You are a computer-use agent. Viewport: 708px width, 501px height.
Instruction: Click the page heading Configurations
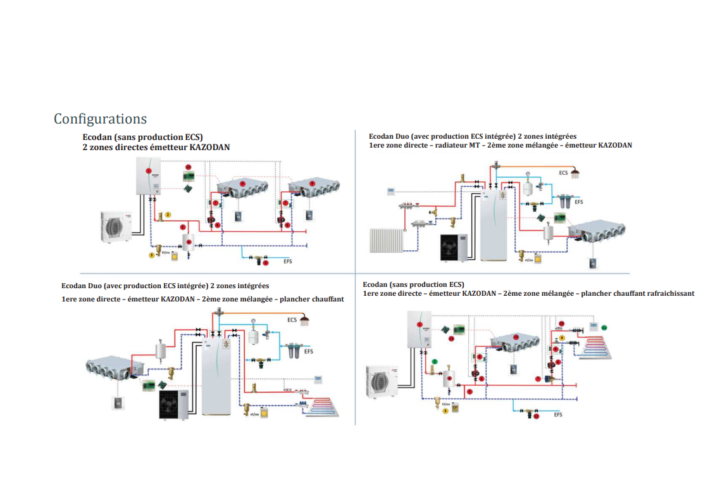tap(100, 119)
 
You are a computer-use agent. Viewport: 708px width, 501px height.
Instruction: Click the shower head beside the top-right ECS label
tap(575, 172)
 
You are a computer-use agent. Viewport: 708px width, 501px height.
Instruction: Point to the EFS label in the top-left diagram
tap(288, 260)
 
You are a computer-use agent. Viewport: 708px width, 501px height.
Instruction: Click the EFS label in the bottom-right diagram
tap(557, 415)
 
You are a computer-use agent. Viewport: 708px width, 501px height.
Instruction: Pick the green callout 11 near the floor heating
tap(604, 327)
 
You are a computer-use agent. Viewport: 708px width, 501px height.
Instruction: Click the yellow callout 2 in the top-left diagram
tap(168, 215)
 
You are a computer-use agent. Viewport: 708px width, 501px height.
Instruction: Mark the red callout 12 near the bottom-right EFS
tap(536, 417)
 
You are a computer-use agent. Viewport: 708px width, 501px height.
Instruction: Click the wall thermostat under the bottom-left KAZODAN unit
tap(118, 402)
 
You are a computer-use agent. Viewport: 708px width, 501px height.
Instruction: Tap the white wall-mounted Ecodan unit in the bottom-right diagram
tap(418, 331)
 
